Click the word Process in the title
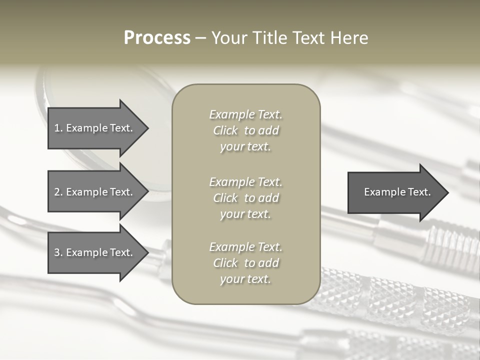(x=157, y=38)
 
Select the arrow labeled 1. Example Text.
(x=93, y=128)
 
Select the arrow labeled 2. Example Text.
(x=93, y=192)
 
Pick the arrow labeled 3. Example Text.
(x=93, y=252)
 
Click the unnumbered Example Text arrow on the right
(x=397, y=192)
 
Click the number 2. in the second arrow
(x=58, y=192)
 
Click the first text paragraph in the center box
(x=245, y=130)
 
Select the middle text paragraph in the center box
(x=245, y=198)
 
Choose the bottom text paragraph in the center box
(x=245, y=263)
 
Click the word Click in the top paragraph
(x=225, y=130)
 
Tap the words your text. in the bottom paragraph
(x=245, y=279)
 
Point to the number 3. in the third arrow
(x=58, y=252)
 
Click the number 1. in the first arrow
(x=58, y=128)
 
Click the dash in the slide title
(x=201, y=38)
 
